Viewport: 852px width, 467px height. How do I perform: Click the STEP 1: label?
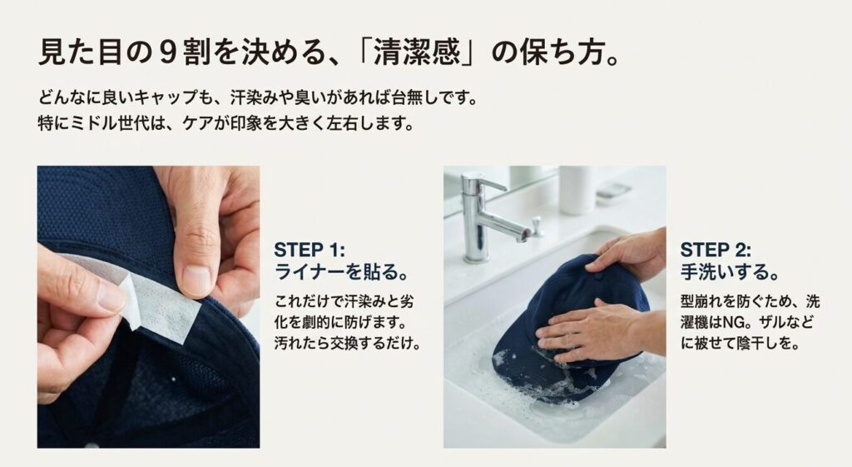(x=309, y=250)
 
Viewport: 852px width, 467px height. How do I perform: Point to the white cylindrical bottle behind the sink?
(x=577, y=190)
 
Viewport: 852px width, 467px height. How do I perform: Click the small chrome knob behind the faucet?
(x=537, y=225)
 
